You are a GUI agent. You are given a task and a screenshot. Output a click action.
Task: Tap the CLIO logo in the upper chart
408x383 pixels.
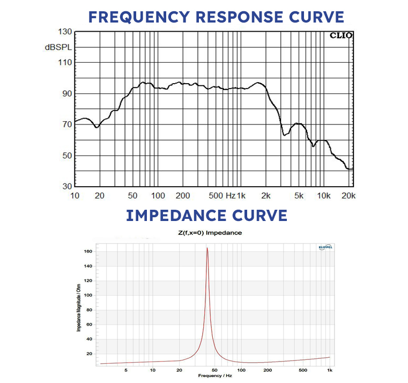click(340, 35)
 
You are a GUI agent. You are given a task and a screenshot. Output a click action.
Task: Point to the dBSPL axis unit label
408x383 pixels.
click(57, 47)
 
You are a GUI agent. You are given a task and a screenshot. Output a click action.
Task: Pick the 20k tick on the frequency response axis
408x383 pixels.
click(348, 195)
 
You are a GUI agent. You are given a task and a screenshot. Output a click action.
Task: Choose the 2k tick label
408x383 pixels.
click(265, 195)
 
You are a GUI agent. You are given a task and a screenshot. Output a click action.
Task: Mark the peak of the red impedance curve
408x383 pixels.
click(207, 248)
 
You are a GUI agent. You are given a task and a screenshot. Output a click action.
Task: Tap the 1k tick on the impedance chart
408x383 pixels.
click(329, 370)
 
